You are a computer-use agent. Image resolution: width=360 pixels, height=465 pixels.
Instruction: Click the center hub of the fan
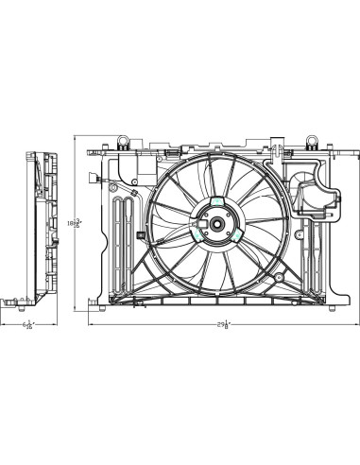215,226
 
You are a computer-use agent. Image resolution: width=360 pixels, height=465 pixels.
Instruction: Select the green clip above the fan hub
216,203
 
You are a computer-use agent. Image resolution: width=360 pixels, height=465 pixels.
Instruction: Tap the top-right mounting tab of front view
309,142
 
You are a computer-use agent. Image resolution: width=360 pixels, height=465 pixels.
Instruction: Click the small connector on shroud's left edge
139,234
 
